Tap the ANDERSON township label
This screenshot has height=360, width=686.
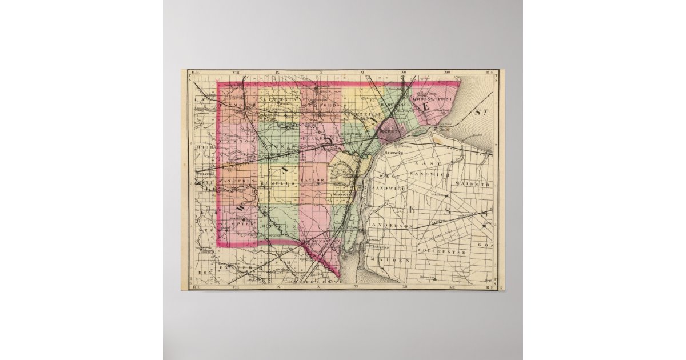392,226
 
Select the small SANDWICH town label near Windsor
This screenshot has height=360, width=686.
394,154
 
